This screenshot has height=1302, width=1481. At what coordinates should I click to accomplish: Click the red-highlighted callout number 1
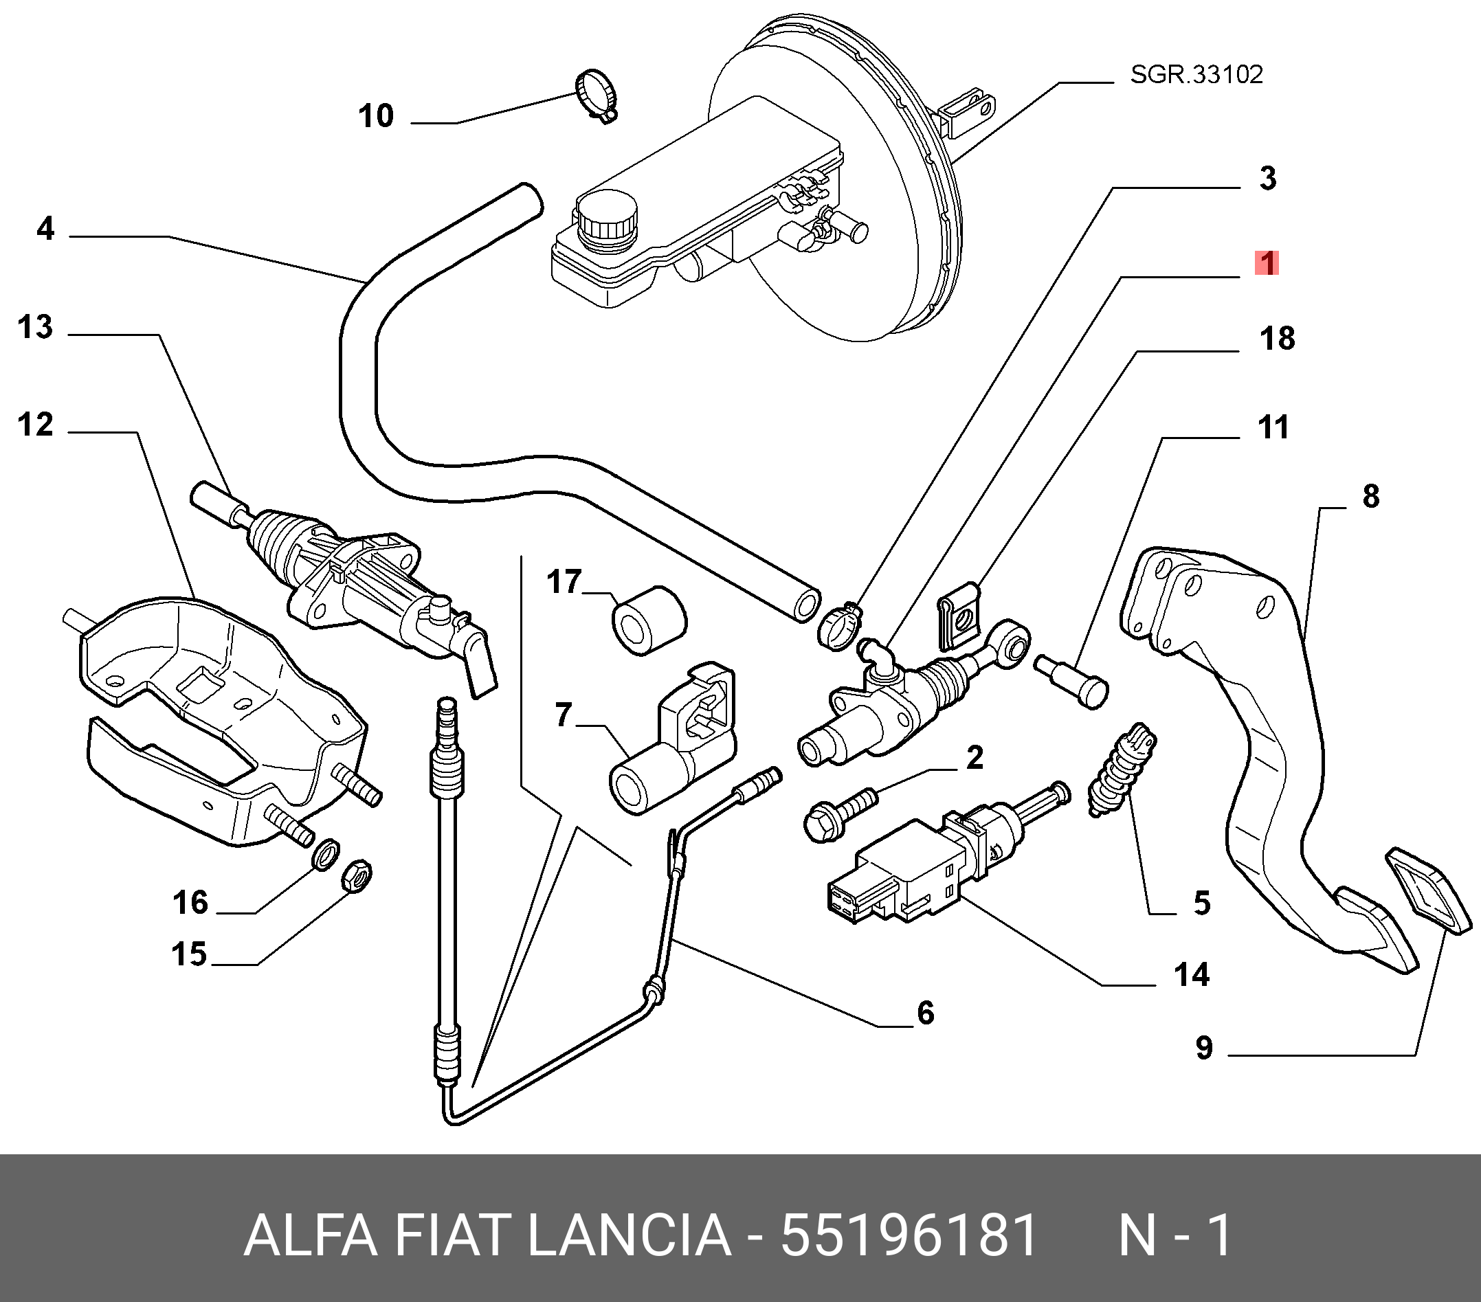pos(1267,263)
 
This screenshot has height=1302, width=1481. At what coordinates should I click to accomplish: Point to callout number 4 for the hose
pos(45,229)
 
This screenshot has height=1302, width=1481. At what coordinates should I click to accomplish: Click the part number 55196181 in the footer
pos(909,1237)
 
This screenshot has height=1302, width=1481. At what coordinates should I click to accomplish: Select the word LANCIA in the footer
pos(629,1237)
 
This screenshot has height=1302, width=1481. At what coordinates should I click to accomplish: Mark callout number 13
pos(35,328)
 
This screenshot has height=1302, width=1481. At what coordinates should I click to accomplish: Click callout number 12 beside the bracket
pos(35,425)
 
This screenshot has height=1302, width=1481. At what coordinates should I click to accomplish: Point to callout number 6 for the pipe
pos(925,1013)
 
